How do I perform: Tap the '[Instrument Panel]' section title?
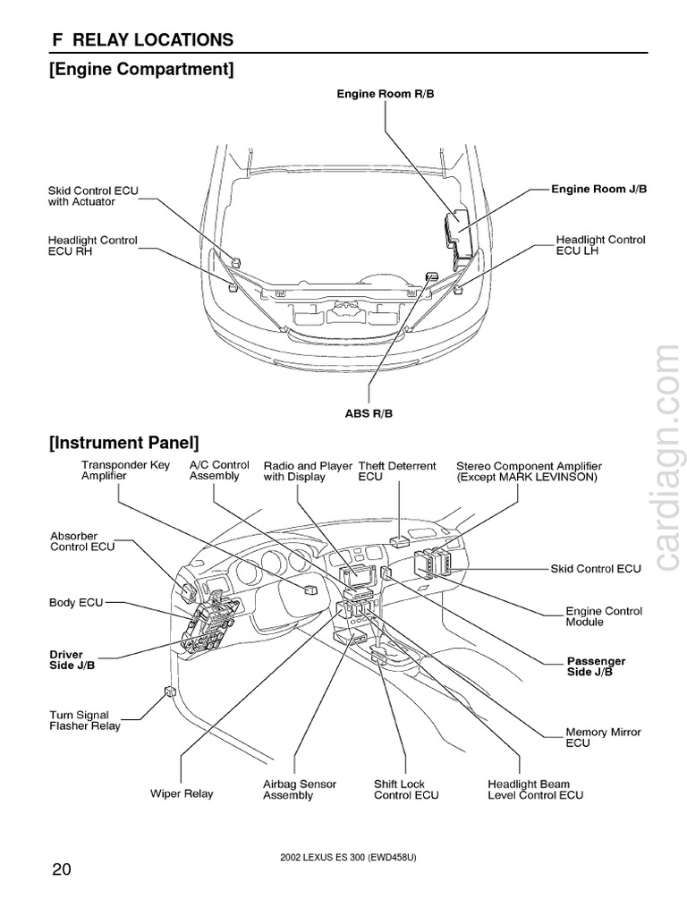tap(124, 442)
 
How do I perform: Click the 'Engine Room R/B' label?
tap(385, 93)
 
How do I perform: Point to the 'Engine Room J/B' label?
tap(598, 190)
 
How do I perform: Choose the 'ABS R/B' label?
tap(369, 413)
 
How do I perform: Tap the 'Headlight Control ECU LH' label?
tap(600, 245)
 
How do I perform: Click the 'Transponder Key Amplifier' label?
tap(125, 471)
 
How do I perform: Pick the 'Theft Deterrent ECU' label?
tap(396, 471)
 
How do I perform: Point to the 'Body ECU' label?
tap(76, 603)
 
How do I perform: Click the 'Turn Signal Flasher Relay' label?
tap(84, 721)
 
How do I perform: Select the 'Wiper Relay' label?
tap(182, 793)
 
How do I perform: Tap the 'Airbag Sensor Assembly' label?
tap(299, 790)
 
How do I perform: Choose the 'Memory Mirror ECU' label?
tap(603, 738)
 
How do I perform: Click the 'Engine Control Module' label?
tap(603, 616)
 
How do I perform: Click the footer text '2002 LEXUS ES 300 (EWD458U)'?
tap(348, 858)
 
